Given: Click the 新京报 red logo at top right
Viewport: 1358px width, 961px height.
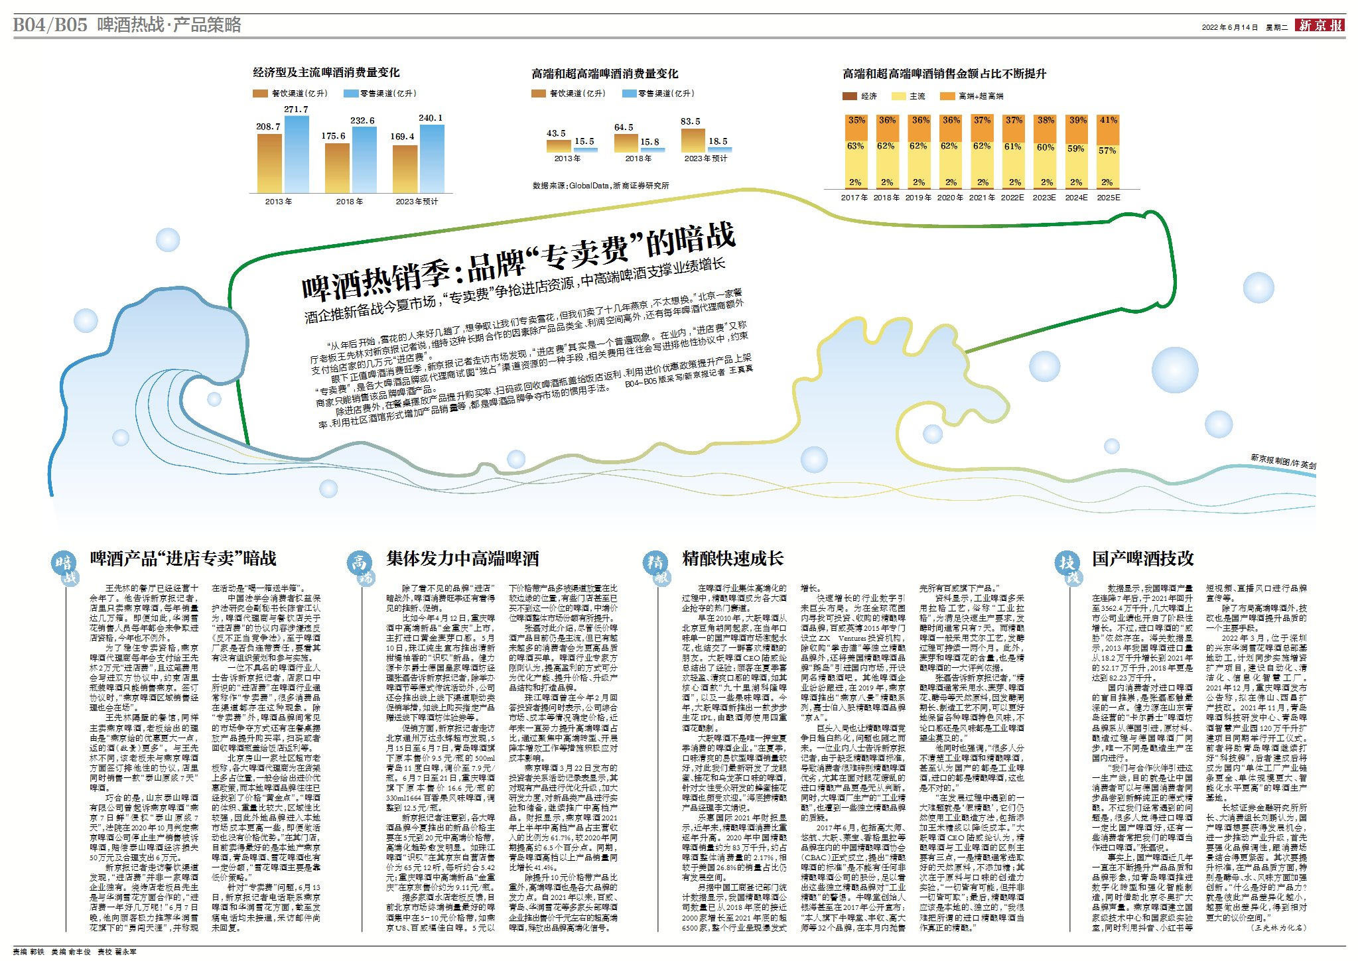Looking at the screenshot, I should click(1321, 25).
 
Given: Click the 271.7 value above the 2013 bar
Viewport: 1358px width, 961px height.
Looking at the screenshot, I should click(296, 109).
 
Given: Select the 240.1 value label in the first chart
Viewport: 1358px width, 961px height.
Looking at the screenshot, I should click(431, 118).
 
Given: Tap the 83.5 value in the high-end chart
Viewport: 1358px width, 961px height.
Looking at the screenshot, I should click(691, 121).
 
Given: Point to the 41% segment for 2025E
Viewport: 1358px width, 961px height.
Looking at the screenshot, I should click(1108, 120).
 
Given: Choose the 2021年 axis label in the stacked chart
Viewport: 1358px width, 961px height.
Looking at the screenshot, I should click(982, 198).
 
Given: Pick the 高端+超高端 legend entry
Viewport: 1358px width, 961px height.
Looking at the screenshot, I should click(981, 96).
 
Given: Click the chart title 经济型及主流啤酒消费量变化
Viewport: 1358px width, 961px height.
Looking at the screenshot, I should click(326, 72).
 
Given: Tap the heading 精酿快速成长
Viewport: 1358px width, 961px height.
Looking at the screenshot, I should click(733, 558).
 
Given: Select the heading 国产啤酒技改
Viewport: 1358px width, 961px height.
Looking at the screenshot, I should click(1143, 558).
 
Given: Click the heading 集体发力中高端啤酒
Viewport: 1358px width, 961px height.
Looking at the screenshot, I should click(463, 558).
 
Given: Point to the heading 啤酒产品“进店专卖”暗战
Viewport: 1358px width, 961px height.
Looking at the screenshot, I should click(184, 558).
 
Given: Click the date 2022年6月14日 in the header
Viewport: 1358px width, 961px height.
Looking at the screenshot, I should click(1229, 27).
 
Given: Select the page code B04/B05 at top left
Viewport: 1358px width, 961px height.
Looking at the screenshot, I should click(50, 25).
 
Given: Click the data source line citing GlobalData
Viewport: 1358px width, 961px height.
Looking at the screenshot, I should click(600, 186).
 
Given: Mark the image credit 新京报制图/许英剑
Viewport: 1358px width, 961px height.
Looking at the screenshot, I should click(1283, 461).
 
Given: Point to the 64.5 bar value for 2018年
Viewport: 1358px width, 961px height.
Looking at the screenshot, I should click(624, 127).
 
